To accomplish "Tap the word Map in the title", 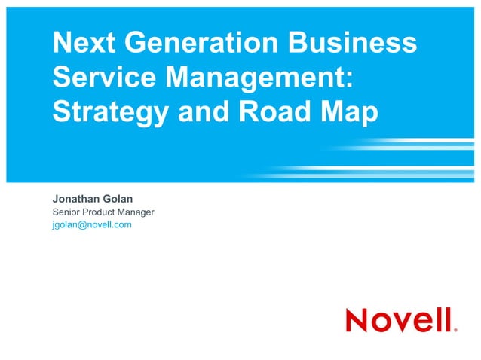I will tap(348, 112).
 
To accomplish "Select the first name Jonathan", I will tap(78, 199).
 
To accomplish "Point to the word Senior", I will tap(68, 212).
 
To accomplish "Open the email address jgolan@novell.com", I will tap(92, 224).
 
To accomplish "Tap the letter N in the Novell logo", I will tap(358, 319).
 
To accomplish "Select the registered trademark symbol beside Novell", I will tap(455, 329).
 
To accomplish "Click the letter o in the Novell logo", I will tap(385, 322).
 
